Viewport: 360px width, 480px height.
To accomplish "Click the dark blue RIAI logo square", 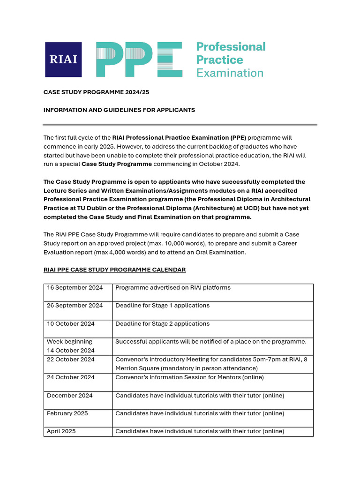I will (63, 60).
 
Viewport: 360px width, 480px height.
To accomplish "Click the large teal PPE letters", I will (139, 60).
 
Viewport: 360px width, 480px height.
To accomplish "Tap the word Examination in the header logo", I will (230, 73).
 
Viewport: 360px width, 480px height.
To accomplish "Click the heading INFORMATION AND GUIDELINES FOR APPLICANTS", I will (119, 110).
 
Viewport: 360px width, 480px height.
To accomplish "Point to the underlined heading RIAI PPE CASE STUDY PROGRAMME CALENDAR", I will (114, 270).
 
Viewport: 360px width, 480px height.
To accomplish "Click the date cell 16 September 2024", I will (75, 288).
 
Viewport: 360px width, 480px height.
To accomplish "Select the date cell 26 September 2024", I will (75, 306).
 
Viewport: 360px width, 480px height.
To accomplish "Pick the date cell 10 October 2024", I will (71, 324).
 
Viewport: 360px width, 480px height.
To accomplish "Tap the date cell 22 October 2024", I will (71, 360).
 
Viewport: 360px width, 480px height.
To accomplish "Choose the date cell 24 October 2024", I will (71, 377).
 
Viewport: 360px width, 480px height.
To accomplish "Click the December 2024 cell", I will (70, 396).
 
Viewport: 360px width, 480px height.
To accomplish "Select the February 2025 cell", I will (67, 413).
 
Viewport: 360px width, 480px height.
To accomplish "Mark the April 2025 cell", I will (61, 431).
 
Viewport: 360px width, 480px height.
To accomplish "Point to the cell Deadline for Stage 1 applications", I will (162, 306).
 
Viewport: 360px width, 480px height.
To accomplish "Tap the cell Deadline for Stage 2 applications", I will (162, 324).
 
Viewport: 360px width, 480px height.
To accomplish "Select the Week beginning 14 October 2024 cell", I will (70, 346).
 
